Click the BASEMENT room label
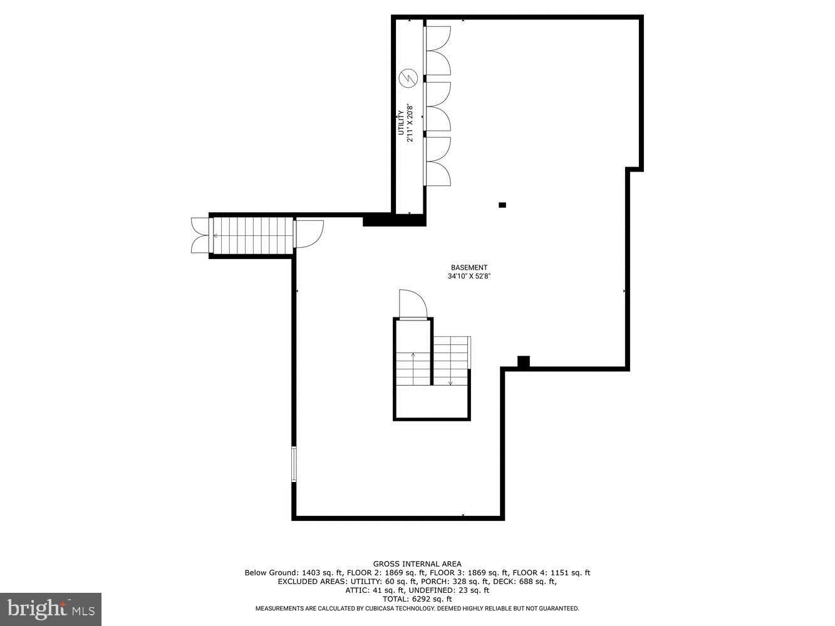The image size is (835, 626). [x=469, y=267]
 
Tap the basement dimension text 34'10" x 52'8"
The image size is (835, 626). [x=469, y=276]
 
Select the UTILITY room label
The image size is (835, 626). [x=400, y=123]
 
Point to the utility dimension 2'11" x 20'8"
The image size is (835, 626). [x=410, y=123]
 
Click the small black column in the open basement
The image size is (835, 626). [x=502, y=205]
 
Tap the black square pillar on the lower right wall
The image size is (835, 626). [x=524, y=361]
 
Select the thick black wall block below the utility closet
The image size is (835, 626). [x=394, y=220]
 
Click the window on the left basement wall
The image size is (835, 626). [x=294, y=464]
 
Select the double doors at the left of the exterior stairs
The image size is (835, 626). [x=200, y=235]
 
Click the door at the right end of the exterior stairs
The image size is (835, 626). [x=308, y=233]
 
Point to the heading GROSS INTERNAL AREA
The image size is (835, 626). [x=417, y=564]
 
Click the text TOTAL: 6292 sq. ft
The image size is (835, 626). [x=417, y=599]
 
